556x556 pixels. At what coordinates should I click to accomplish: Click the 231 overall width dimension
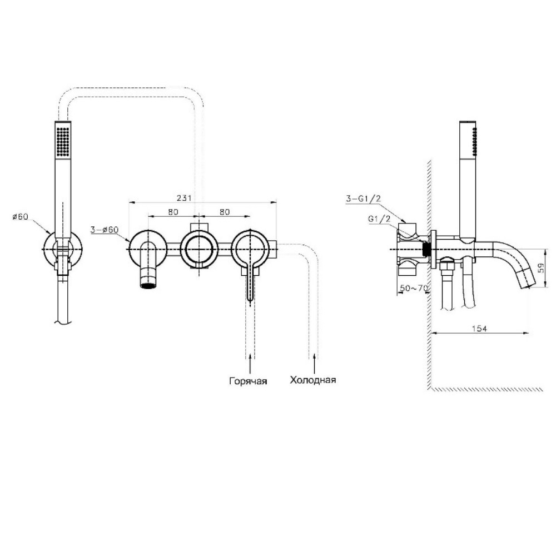click(x=184, y=197)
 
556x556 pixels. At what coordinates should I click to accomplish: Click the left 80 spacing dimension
click(x=173, y=212)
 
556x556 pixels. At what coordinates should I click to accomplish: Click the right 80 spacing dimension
click(x=225, y=212)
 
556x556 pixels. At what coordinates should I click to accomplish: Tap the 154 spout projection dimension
click(x=479, y=329)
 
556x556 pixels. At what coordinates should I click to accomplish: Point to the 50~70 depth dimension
click(x=414, y=288)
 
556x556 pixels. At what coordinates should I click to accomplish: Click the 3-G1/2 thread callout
click(x=364, y=198)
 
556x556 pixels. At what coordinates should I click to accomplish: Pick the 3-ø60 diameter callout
click(x=105, y=230)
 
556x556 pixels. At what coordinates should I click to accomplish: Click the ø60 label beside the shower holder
click(x=20, y=216)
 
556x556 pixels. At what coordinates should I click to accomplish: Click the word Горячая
click(x=248, y=381)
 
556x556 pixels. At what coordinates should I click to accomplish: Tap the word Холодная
click(x=312, y=380)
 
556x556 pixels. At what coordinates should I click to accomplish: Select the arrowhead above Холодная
click(x=314, y=358)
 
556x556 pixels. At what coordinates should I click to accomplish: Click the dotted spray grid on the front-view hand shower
click(x=63, y=141)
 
